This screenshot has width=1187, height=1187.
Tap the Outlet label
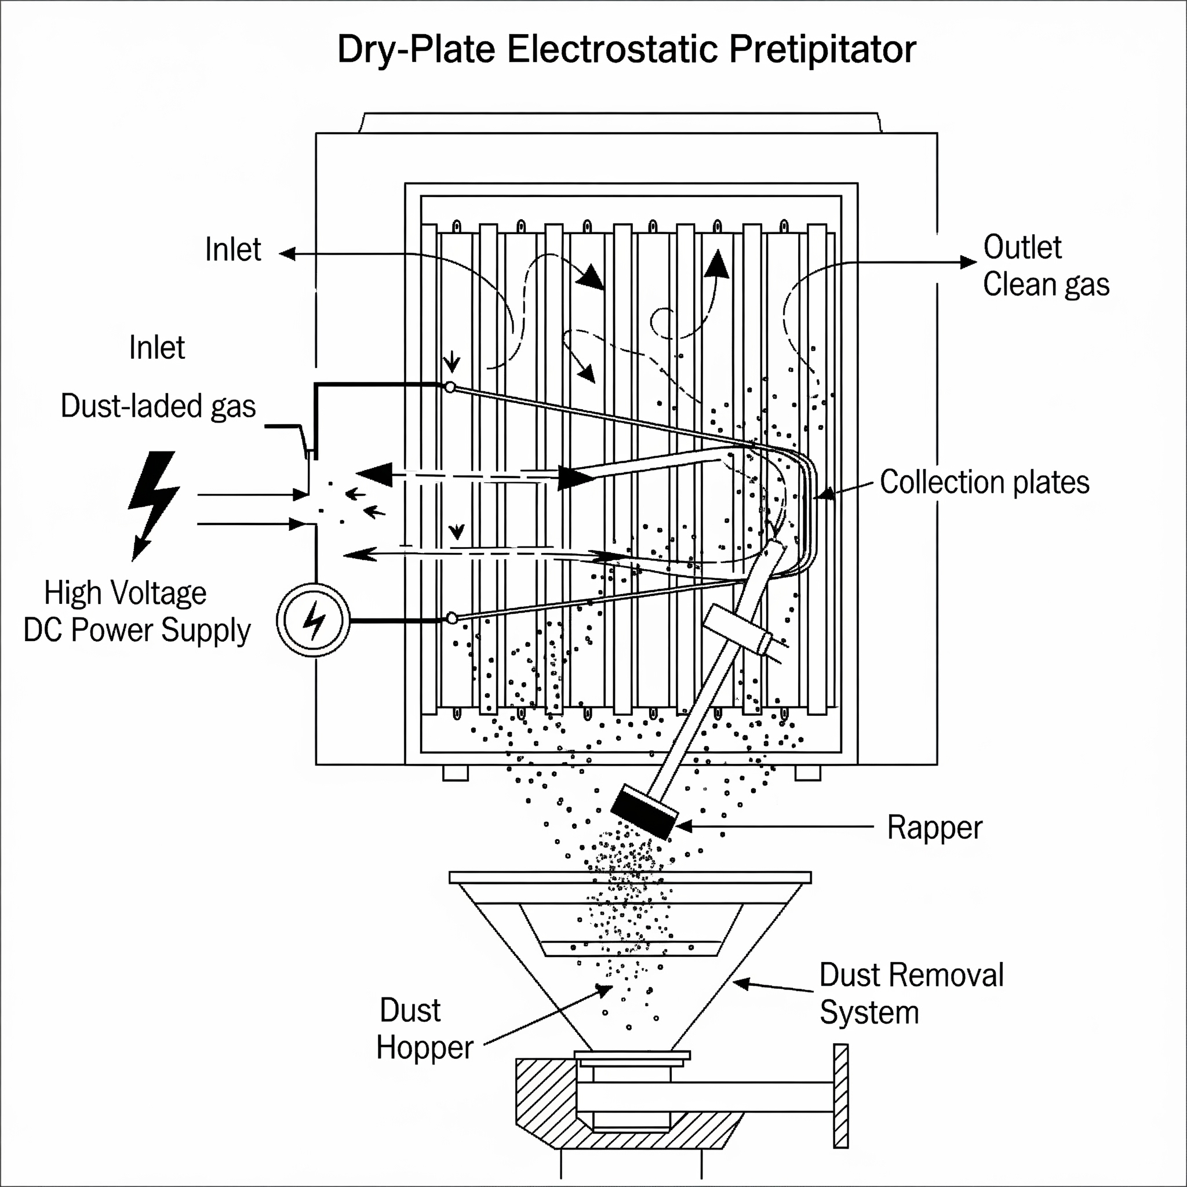(1022, 247)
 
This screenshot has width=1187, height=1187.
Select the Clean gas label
(1046, 285)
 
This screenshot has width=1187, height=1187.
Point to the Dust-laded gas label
(158, 406)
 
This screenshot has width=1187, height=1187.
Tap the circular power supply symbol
(314, 620)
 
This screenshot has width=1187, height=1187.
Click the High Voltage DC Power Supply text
(136, 611)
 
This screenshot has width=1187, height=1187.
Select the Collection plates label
(984, 482)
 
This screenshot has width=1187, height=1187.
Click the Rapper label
(934, 828)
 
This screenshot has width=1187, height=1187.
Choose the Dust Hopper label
(424, 1029)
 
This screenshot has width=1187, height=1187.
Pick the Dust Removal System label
(911, 993)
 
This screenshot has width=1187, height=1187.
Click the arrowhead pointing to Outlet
(968, 263)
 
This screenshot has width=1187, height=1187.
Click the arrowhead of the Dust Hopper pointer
(605, 989)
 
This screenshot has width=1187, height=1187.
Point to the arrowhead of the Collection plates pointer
(826, 494)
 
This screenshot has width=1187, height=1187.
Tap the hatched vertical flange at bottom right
(841, 1095)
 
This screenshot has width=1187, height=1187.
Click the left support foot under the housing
(455, 772)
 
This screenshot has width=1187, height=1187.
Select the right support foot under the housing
(808, 772)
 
